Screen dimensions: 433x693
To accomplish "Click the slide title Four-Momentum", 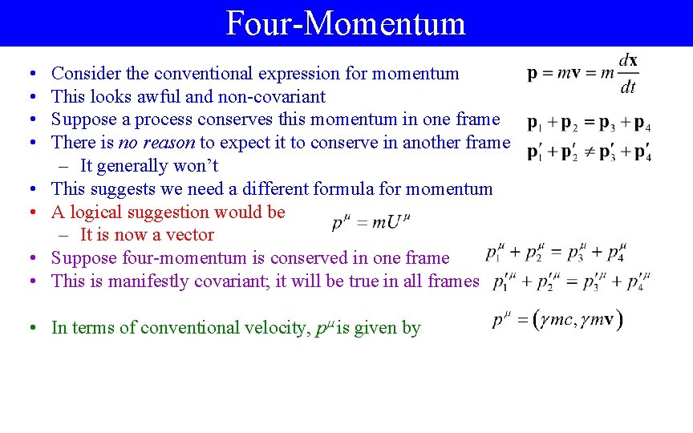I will [x=346, y=23].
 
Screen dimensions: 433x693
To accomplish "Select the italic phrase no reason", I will [x=156, y=143].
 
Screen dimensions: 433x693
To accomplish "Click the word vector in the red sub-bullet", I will [x=190, y=235].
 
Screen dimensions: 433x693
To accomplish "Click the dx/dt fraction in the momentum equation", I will [x=628, y=74].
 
